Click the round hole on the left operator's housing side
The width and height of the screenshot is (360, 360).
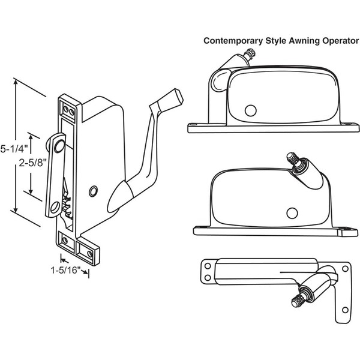[x=93, y=190]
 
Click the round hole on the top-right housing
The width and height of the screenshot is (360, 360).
[x=250, y=110]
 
